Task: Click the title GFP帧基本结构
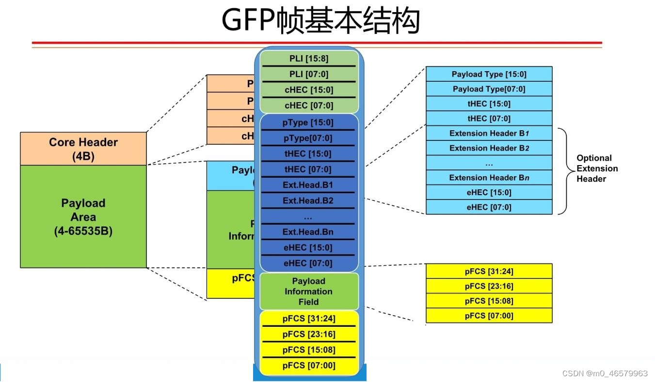[x=320, y=21]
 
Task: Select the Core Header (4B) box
[x=83, y=149]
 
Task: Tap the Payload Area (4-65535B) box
[x=83, y=216]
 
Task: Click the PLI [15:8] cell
[x=308, y=59]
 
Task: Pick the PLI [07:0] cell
[x=308, y=74]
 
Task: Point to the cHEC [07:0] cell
[x=308, y=106]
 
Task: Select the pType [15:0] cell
[x=308, y=122]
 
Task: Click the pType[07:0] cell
[x=308, y=138]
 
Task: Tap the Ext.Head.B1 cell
[x=308, y=185]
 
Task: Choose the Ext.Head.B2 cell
[x=308, y=200]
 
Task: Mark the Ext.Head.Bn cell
[x=308, y=232]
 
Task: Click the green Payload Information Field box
[x=308, y=291]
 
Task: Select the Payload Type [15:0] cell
[x=489, y=74]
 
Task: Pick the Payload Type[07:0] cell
[x=489, y=89]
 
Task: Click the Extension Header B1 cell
[x=489, y=133]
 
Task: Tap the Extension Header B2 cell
[x=489, y=148]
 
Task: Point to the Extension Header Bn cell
[x=489, y=177]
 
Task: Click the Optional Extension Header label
[x=597, y=168]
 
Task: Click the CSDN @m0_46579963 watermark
[x=605, y=373]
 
